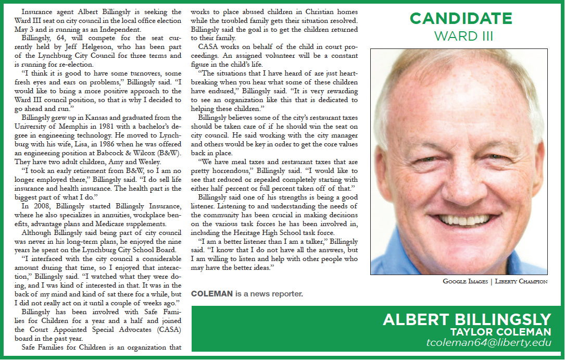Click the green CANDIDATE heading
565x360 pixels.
460,19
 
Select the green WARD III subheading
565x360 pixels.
460,36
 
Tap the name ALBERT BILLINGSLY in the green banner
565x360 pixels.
467,319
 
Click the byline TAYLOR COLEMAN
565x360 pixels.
500,332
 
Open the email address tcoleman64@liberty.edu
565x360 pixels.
488,344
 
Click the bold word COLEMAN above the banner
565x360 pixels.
212,294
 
